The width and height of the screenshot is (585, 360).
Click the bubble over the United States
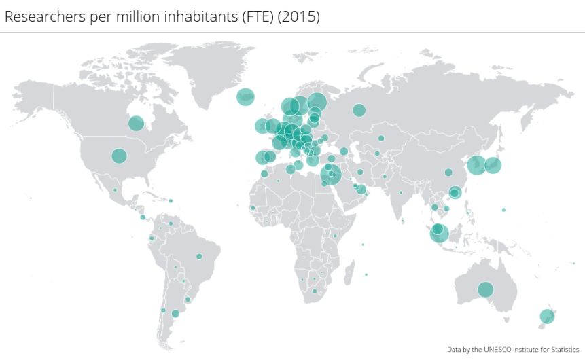click(x=119, y=156)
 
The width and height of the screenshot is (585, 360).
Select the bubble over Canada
click(x=136, y=123)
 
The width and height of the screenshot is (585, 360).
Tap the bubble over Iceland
click(x=245, y=97)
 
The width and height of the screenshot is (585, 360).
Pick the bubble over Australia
click(x=485, y=289)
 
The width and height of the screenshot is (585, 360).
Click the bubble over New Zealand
click(x=547, y=316)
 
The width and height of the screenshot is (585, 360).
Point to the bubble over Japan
click(x=493, y=164)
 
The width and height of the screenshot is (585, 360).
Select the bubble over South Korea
click(x=476, y=164)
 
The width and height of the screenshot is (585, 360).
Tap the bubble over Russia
click(x=359, y=110)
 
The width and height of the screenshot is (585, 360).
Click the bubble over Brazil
click(x=199, y=256)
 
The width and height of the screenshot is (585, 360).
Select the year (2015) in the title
click(x=298, y=17)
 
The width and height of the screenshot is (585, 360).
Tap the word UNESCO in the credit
click(x=500, y=349)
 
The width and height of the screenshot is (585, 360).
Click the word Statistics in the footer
click(x=563, y=349)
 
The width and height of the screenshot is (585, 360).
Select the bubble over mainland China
click(x=448, y=172)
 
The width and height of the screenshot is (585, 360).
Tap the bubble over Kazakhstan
click(x=381, y=139)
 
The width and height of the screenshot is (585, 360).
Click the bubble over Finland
click(x=317, y=103)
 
